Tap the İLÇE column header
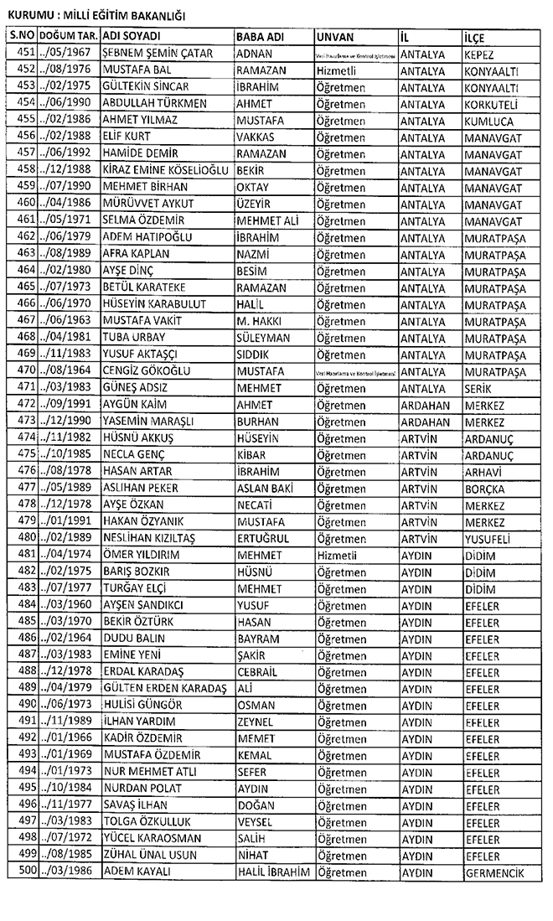point(474,38)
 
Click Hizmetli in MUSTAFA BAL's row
point(339,70)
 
